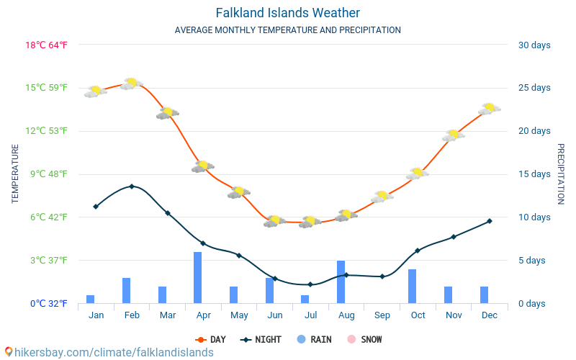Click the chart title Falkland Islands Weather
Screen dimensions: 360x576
click(x=287, y=13)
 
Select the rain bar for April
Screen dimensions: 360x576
click(x=197, y=277)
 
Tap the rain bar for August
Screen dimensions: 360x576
click(x=341, y=282)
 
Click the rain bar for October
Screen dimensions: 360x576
click(x=413, y=286)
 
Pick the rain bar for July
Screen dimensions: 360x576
click(x=305, y=299)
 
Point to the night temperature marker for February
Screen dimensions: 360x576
click(x=131, y=186)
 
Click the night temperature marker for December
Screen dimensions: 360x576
click(x=490, y=221)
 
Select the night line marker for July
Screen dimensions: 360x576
click(x=310, y=284)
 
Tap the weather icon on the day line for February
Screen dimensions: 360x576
click(x=132, y=84)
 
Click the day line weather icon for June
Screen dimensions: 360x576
click(x=274, y=221)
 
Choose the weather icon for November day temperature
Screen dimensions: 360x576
click(x=454, y=135)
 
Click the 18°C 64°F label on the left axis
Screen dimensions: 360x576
click(x=47, y=45)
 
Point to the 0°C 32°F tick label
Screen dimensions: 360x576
click(x=48, y=304)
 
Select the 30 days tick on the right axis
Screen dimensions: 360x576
click(x=534, y=45)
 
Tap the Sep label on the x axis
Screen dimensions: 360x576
click(x=382, y=315)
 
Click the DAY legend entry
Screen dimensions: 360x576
click(x=210, y=339)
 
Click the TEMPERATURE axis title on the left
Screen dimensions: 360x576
click(x=15, y=174)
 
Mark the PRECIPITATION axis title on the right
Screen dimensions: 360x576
click(x=561, y=174)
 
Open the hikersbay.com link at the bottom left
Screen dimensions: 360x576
click(x=108, y=352)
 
